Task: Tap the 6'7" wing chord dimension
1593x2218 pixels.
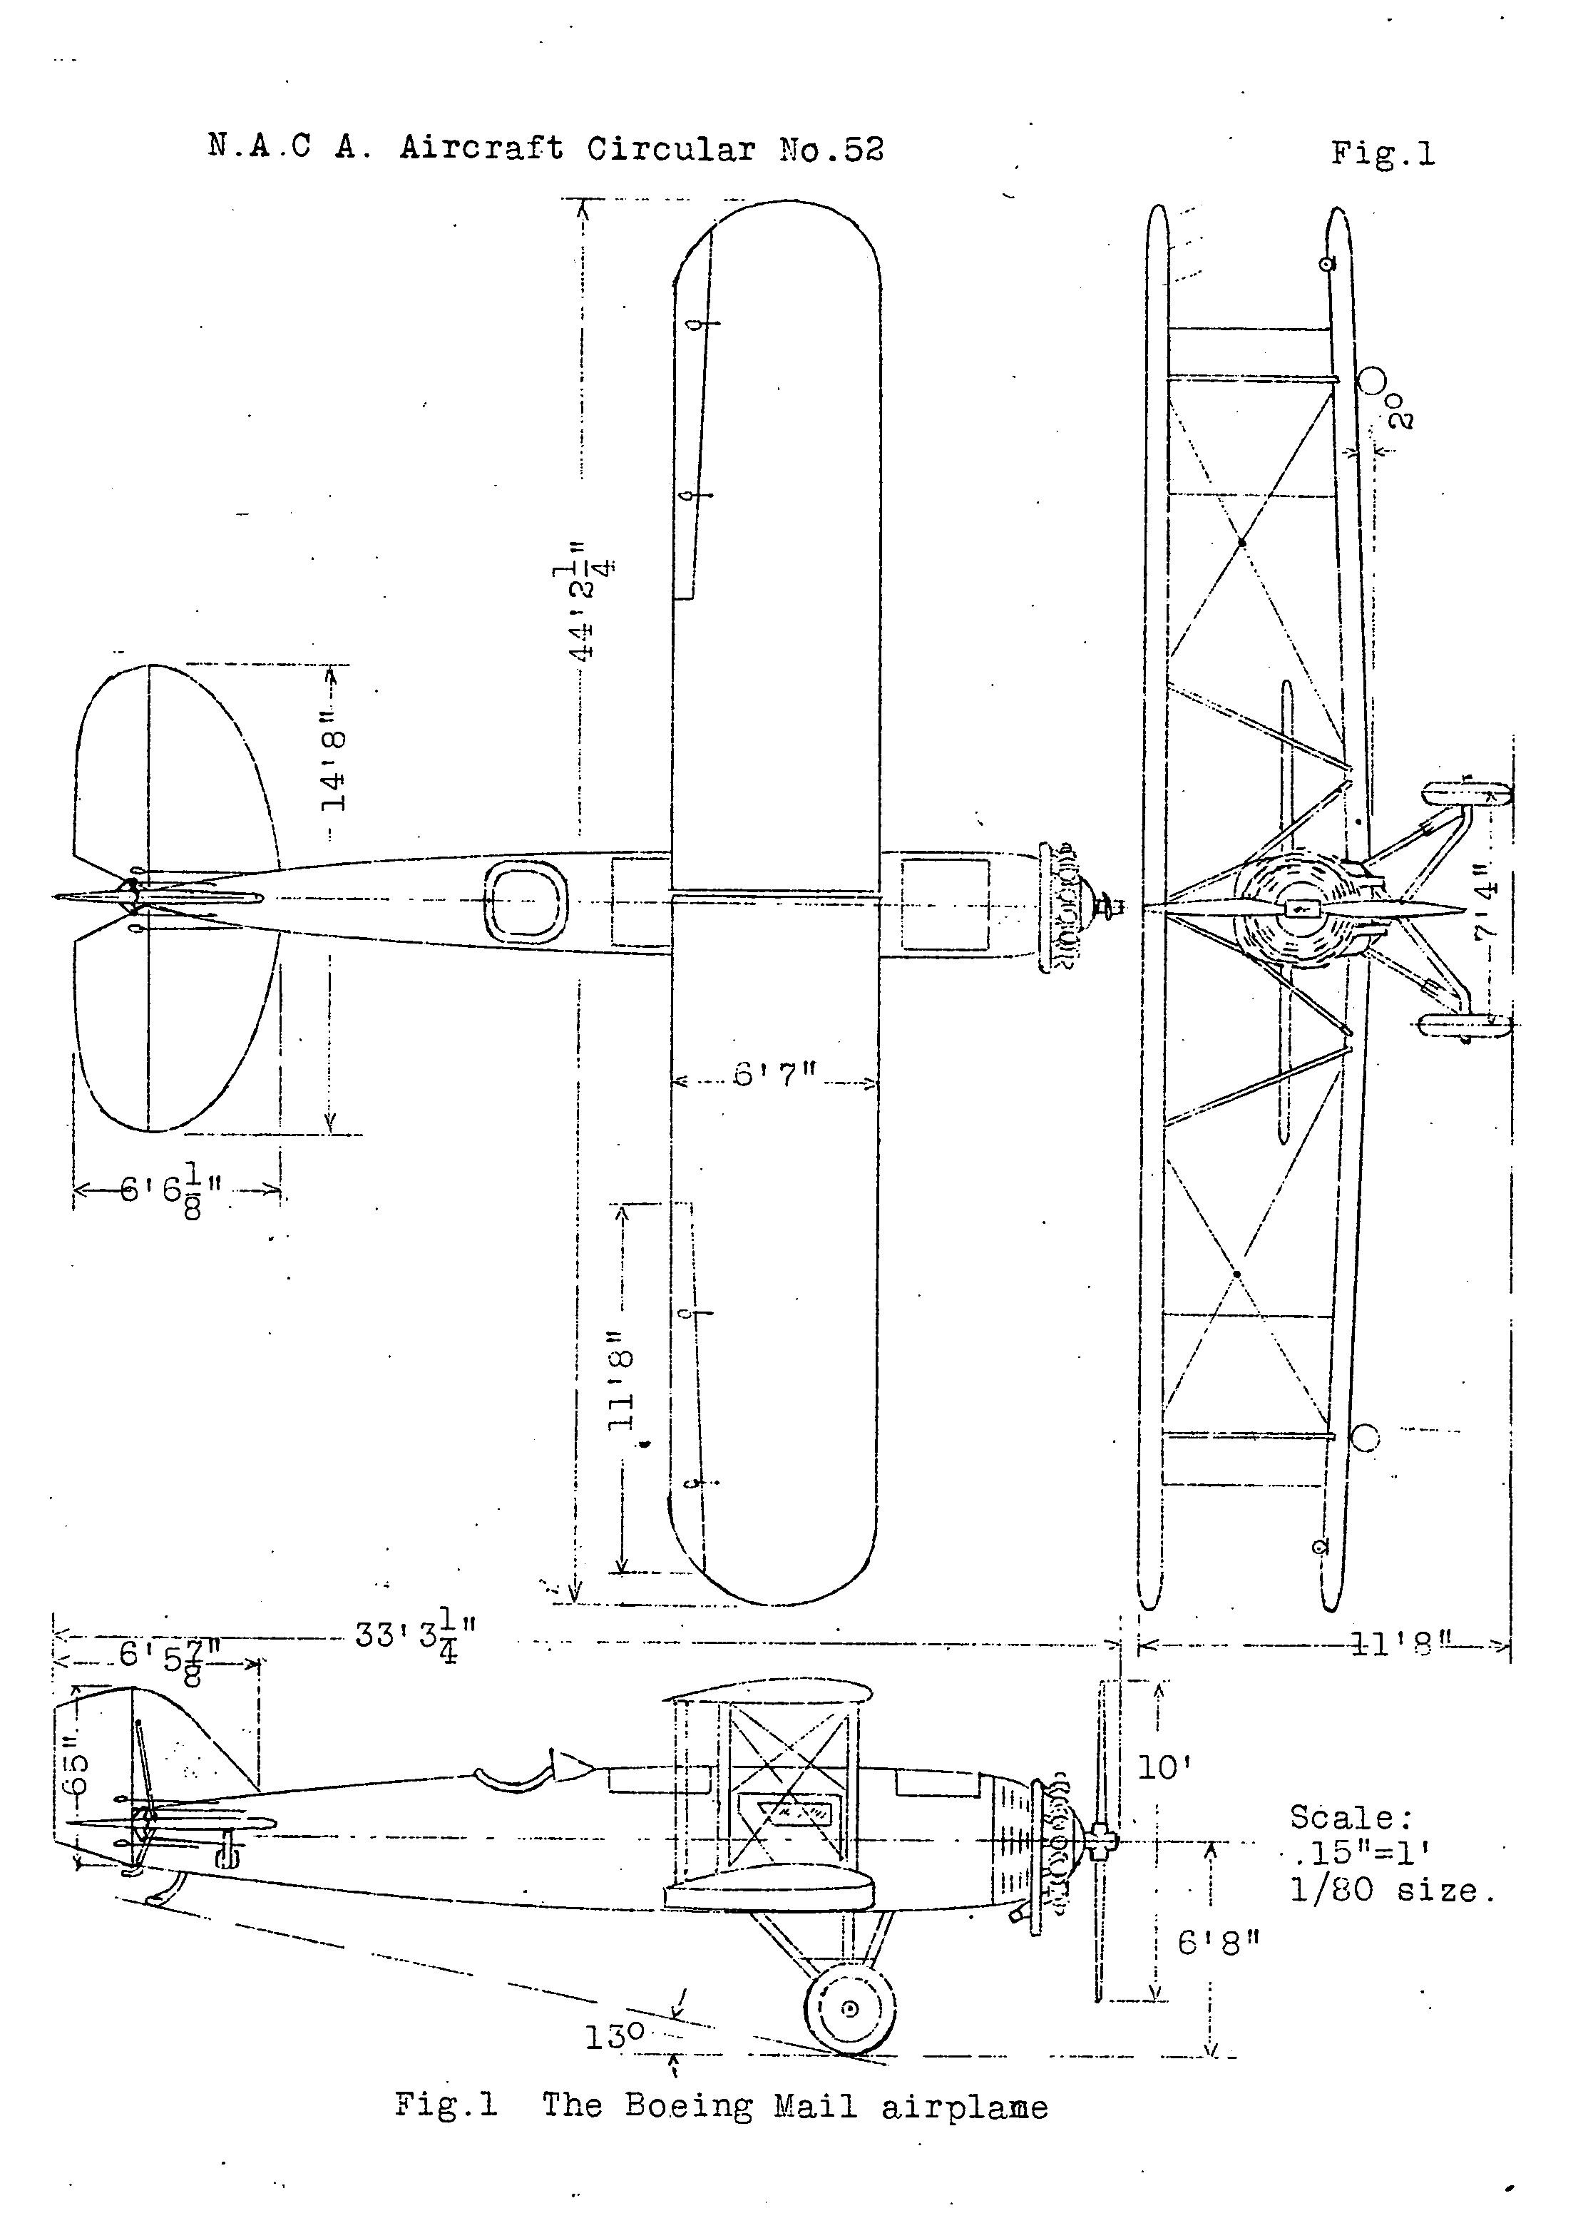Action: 774,1075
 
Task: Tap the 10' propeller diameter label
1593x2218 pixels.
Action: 1164,1767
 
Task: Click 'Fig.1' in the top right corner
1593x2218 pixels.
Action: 1383,153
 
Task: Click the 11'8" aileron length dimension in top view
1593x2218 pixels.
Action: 621,1378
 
